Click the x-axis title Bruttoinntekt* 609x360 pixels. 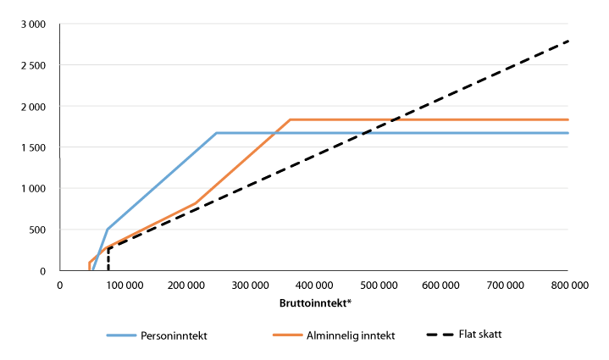(x=313, y=302)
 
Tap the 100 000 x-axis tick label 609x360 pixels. (x=124, y=285)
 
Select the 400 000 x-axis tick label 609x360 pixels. (x=313, y=285)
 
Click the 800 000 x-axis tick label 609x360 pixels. (x=567, y=285)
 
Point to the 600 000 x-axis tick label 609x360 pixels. (x=440, y=285)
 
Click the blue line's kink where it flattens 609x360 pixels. (x=217, y=133)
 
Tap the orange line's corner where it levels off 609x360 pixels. (x=291, y=119)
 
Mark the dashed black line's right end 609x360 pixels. (x=567, y=41)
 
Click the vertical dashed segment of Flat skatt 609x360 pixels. (x=108, y=259)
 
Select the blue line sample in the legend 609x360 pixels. (x=127, y=335)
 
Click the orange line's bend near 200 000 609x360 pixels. (x=196, y=203)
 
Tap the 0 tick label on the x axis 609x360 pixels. (x=60, y=285)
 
